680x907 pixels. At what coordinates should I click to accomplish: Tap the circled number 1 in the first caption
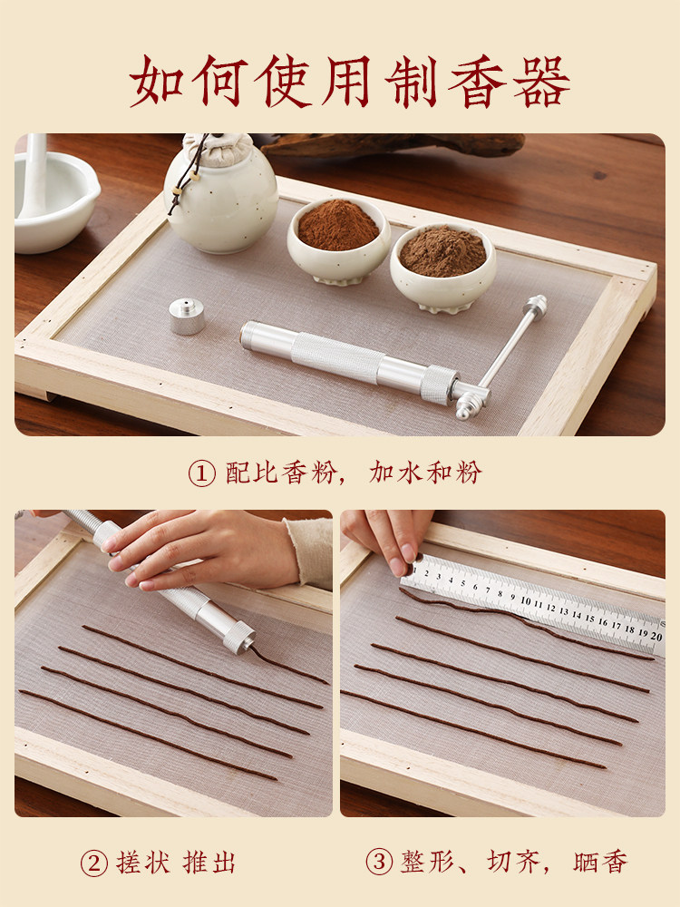201,473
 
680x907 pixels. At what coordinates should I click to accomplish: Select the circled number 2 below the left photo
93,863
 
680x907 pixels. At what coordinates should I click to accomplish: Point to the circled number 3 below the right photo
379,863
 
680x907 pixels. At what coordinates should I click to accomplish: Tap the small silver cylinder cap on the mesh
187,316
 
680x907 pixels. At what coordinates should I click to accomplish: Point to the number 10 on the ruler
526,600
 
